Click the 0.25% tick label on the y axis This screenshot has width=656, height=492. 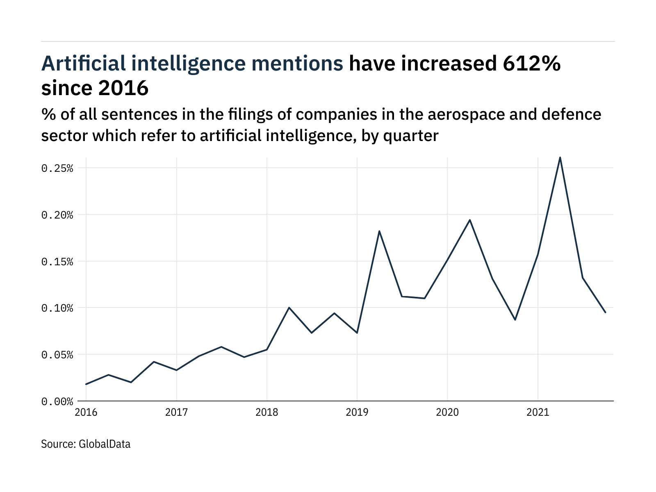pos(57,169)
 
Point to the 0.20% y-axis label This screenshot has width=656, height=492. pos(57,215)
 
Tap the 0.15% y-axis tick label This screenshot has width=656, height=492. pos(57,262)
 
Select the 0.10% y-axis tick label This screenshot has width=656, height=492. pos(57,308)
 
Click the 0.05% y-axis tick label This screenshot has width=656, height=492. pos(57,355)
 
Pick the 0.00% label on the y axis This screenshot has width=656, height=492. pos(57,401)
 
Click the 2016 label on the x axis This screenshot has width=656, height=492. pos(86,412)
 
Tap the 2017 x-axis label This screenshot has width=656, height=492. pos(176,412)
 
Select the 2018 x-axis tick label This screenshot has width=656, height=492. pos(267,412)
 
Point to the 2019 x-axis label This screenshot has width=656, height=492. pos(357,412)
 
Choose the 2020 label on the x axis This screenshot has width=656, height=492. pos(447,412)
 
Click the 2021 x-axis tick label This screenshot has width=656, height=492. pos(538,412)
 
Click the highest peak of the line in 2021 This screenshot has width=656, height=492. pos(560,157)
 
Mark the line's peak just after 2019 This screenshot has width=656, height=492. pos(379,231)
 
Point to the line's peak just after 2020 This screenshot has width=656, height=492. pos(470,220)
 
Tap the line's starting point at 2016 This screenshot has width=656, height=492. pos(86,384)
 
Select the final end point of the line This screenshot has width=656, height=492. pos(605,312)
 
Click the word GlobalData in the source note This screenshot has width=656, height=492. pos(104,444)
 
